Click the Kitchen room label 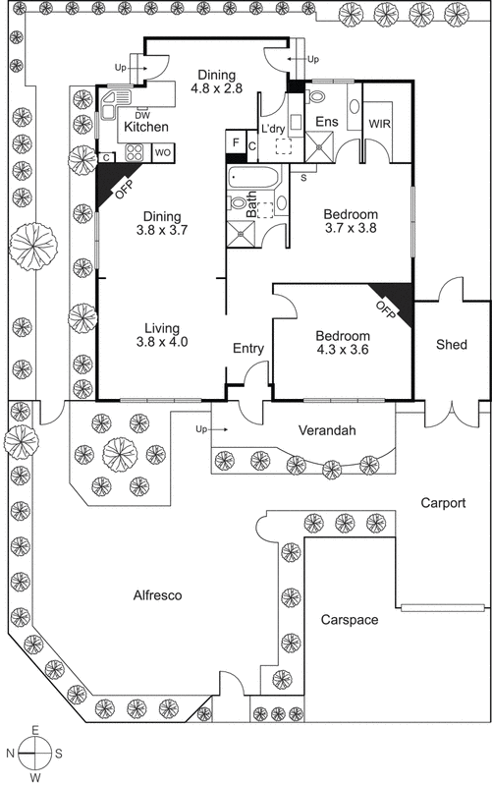coord(145,127)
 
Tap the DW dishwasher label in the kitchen coord(142,115)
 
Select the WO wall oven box coord(162,152)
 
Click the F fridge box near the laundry coord(235,142)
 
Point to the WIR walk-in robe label coord(380,124)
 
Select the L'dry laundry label coord(272,128)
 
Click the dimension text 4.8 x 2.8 coord(218,88)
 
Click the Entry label coord(247,348)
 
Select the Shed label coord(451,345)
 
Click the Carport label coord(442,503)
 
